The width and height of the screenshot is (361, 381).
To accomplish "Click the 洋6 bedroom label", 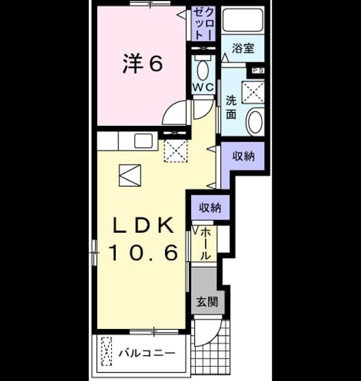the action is pyautogui.click(x=142, y=63).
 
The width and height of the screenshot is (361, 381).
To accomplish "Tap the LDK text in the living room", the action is pyautogui.click(x=143, y=226).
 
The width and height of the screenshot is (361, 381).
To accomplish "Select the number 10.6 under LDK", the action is pyautogui.click(x=143, y=253).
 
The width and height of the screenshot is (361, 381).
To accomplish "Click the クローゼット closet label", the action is pyautogui.click(x=204, y=24).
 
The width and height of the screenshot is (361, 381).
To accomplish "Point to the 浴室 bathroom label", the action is pyautogui.click(x=243, y=48).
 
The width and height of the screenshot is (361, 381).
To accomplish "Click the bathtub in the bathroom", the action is pyautogui.click(x=243, y=20).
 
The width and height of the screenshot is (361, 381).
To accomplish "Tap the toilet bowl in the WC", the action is pyautogui.click(x=203, y=70).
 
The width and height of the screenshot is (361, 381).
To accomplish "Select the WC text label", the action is pyautogui.click(x=204, y=87).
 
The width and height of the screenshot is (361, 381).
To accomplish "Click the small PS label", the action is pyautogui.click(x=258, y=71).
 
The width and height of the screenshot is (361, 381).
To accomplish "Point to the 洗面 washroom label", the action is pyautogui.click(x=231, y=108).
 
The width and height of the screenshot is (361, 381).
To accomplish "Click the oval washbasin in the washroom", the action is pyautogui.click(x=255, y=122).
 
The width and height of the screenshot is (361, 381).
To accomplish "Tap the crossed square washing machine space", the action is pyautogui.click(x=253, y=92).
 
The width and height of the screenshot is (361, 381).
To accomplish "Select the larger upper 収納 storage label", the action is pyautogui.click(x=244, y=156).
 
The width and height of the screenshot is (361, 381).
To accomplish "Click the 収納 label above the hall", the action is pyautogui.click(x=210, y=208).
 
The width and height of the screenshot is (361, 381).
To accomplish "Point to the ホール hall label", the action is pyautogui.click(x=205, y=244).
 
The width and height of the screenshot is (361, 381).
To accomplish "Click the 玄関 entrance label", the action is pyautogui.click(x=207, y=302).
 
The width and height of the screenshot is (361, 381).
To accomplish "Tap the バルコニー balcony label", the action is pyautogui.click(x=147, y=353).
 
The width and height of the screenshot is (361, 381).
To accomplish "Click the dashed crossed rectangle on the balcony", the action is pyautogui.click(x=106, y=351).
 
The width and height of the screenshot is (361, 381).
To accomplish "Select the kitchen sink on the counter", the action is pyautogui.click(x=143, y=141).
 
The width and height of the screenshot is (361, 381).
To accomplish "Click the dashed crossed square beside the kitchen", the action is pyautogui.click(x=176, y=151).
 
